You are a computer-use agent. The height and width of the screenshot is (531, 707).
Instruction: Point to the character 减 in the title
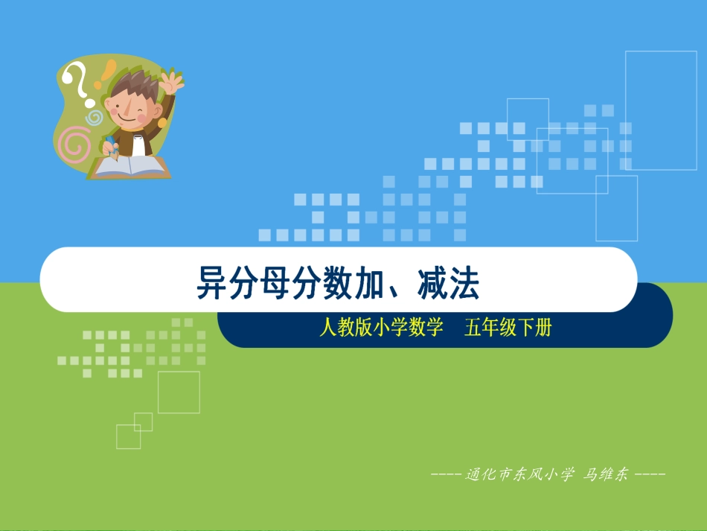[432, 284]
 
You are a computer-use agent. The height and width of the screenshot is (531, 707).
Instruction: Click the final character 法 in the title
[464, 284]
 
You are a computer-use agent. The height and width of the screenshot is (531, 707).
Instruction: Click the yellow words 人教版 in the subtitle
[343, 328]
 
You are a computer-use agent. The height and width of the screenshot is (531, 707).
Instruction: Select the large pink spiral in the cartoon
[74, 144]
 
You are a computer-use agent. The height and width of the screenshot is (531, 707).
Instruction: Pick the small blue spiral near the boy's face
[94, 117]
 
